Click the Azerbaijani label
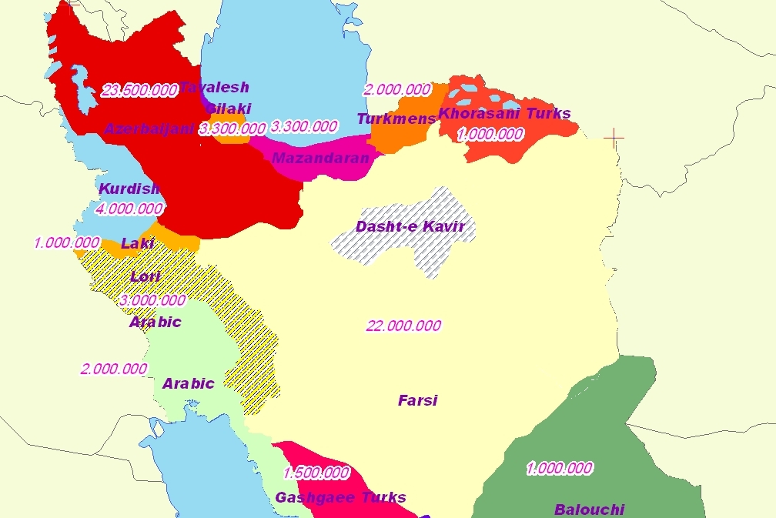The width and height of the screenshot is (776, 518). click(x=149, y=129)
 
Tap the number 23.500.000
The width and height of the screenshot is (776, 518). click(x=139, y=90)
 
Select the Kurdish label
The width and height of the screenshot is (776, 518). click(x=129, y=189)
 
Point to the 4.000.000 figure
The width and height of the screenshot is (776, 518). click(x=129, y=209)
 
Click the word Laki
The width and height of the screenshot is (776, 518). click(x=138, y=243)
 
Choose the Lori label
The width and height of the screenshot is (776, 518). click(x=145, y=276)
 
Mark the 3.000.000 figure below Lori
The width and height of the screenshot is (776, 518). click(x=152, y=300)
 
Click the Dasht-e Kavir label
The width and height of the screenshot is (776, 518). click(x=410, y=226)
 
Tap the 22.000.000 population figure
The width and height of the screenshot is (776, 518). click(x=403, y=326)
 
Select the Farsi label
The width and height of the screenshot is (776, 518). click(x=417, y=400)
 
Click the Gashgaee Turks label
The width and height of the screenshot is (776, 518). click(x=340, y=497)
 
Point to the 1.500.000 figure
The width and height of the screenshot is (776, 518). click(x=316, y=473)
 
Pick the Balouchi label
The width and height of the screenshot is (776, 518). click(x=589, y=509)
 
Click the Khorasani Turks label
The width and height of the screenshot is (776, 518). click(x=504, y=114)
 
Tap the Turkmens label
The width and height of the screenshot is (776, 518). click(x=396, y=119)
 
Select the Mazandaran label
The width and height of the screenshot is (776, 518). click(x=320, y=158)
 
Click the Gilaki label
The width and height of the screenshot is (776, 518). click(x=229, y=109)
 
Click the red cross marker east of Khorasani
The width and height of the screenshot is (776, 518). click(x=614, y=138)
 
